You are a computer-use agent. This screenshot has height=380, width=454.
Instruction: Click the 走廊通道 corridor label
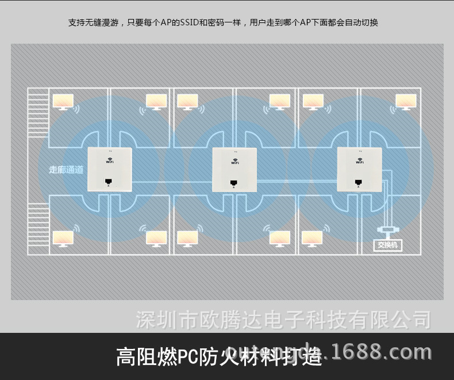66,170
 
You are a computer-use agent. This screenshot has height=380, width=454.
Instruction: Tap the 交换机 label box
389,245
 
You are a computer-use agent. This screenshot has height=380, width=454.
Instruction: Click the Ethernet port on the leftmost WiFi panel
109,182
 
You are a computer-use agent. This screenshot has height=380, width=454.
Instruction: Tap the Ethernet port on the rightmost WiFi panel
359,182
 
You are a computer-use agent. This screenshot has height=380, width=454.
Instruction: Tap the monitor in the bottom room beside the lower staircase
63,239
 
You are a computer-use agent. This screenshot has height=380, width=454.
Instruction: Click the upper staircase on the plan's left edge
38,113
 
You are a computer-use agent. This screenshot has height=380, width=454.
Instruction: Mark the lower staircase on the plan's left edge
38,225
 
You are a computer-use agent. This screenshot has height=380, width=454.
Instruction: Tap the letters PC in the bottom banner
185,357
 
